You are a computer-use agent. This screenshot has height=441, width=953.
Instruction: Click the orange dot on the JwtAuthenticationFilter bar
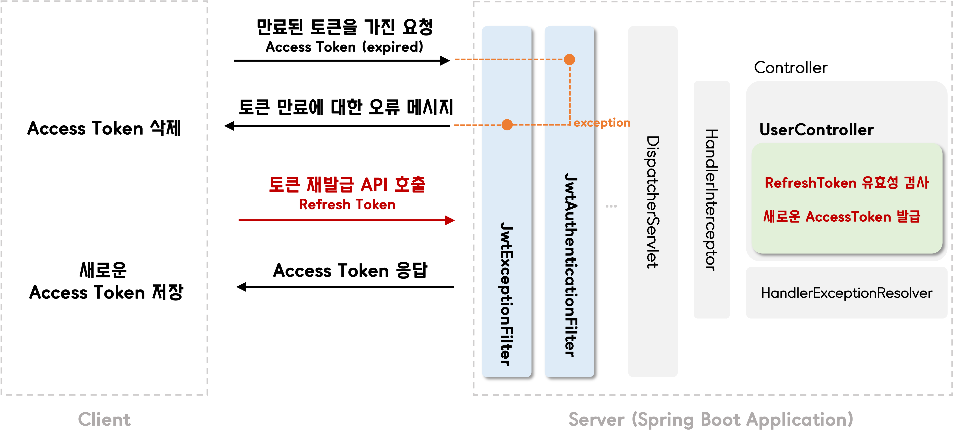pos(569,59)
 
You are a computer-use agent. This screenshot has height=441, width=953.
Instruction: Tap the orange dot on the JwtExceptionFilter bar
pos(507,125)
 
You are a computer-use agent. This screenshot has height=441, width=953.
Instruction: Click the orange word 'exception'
pos(602,122)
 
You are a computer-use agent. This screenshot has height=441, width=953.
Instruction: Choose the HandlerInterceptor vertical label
pos(711,200)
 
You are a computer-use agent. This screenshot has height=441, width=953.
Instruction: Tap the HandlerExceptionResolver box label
pos(846,293)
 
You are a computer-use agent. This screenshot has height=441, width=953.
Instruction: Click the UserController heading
pos(816,130)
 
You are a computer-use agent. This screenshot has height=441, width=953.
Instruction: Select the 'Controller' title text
pos(791,67)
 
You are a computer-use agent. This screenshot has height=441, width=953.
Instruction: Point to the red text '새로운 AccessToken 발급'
pos(842,217)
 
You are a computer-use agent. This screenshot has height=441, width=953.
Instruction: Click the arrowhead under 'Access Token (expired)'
pos(445,61)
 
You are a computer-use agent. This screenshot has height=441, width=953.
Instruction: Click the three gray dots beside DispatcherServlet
pos(611,206)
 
